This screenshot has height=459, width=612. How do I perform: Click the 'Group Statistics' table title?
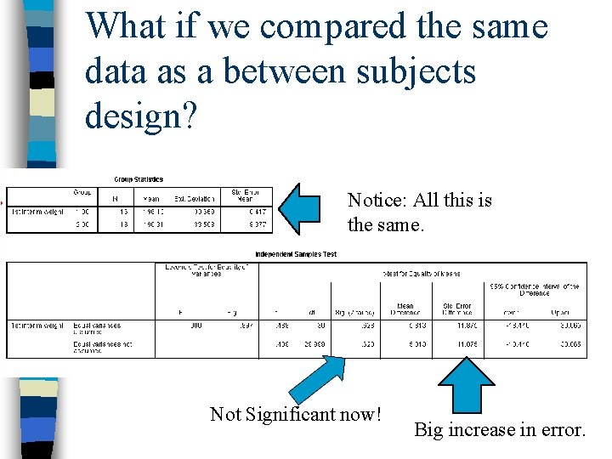point(139,179)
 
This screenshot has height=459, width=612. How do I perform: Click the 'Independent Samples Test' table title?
point(295,254)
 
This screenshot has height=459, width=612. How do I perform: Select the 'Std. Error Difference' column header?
point(460,309)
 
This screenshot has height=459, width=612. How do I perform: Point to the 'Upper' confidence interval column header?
point(560,312)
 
